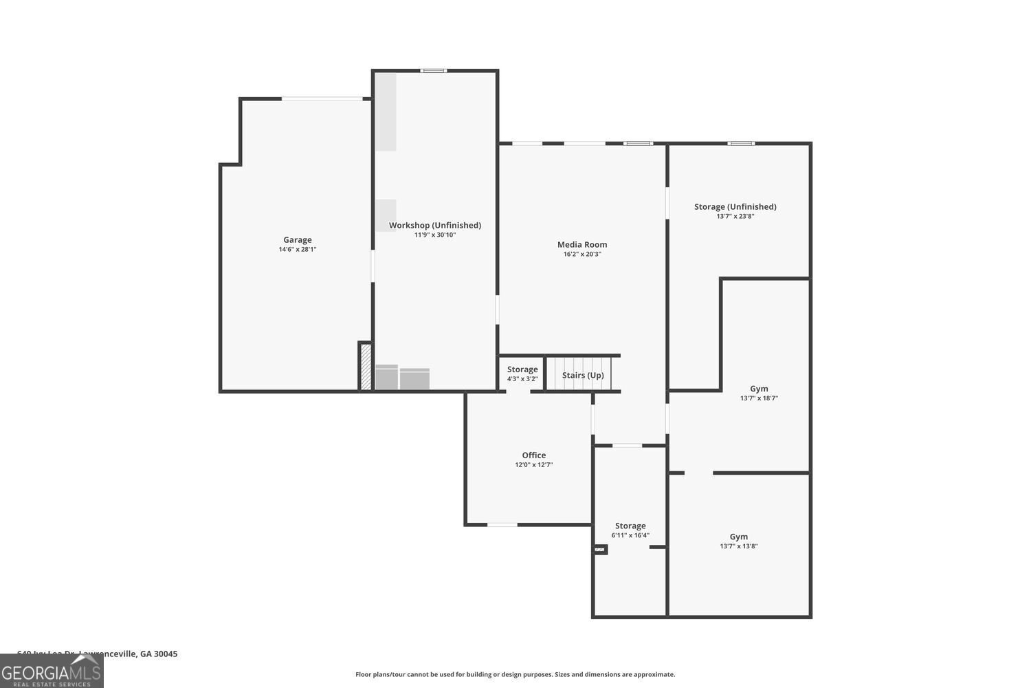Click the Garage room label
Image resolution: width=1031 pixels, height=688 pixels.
pos(298,240)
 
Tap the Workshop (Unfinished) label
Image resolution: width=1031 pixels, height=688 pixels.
pos(434,225)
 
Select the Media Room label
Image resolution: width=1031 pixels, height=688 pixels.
pos(582,244)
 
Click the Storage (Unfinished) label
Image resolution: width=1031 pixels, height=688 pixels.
pos(735,206)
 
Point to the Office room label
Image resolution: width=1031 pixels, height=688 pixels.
pos(534,455)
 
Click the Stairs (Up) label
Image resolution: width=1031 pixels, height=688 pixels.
pos(583,375)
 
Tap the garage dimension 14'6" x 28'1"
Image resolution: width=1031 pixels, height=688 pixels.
pos(298,250)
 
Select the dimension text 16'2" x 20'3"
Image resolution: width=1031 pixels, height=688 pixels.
pos(582,254)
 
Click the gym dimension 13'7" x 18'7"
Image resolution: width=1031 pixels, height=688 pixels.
pos(759,398)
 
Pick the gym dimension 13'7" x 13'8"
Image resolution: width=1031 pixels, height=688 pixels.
pos(739,546)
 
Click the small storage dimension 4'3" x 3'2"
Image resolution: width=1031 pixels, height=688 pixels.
pos(522,379)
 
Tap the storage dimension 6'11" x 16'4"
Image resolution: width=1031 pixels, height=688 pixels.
pos(630,535)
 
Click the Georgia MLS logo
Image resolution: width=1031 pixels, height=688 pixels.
pos(52,671)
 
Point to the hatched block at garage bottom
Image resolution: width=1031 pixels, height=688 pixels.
pos(366,367)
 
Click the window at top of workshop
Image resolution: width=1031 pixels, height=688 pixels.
pos(434,70)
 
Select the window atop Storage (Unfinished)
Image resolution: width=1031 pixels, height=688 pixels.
pos(741,143)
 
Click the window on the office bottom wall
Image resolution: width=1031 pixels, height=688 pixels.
pos(502,525)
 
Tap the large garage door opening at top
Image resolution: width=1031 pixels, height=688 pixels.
pos(322,99)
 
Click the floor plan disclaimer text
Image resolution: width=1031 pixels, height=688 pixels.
pos(515,674)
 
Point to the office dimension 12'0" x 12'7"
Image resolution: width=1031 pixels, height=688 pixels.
pos(534,465)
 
